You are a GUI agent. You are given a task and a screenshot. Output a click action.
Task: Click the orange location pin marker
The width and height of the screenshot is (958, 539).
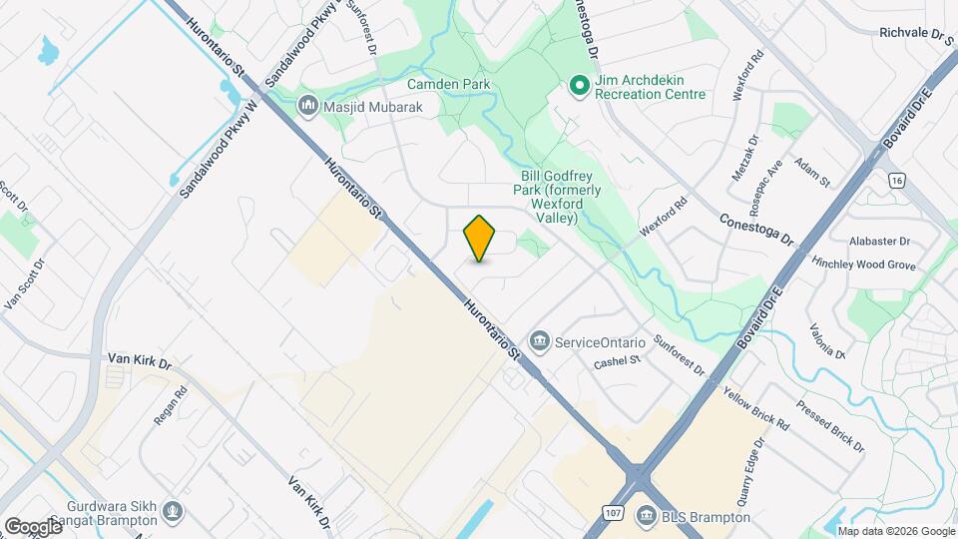click(x=480, y=239)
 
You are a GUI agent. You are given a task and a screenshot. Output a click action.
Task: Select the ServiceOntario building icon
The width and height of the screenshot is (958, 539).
click(x=540, y=341)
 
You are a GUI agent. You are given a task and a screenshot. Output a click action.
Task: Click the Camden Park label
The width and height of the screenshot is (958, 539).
click(x=449, y=85)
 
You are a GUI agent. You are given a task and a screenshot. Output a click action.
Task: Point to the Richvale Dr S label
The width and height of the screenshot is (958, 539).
click(x=917, y=32)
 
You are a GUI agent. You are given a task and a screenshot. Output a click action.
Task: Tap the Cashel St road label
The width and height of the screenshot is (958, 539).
click(x=615, y=361)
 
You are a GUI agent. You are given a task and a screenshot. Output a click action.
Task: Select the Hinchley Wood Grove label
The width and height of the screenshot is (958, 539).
click(x=864, y=265)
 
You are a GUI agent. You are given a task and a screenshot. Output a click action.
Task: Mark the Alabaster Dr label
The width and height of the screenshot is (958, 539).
click(x=879, y=241)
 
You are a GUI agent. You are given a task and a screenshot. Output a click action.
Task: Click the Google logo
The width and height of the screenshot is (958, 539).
click(x=33, y=526)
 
